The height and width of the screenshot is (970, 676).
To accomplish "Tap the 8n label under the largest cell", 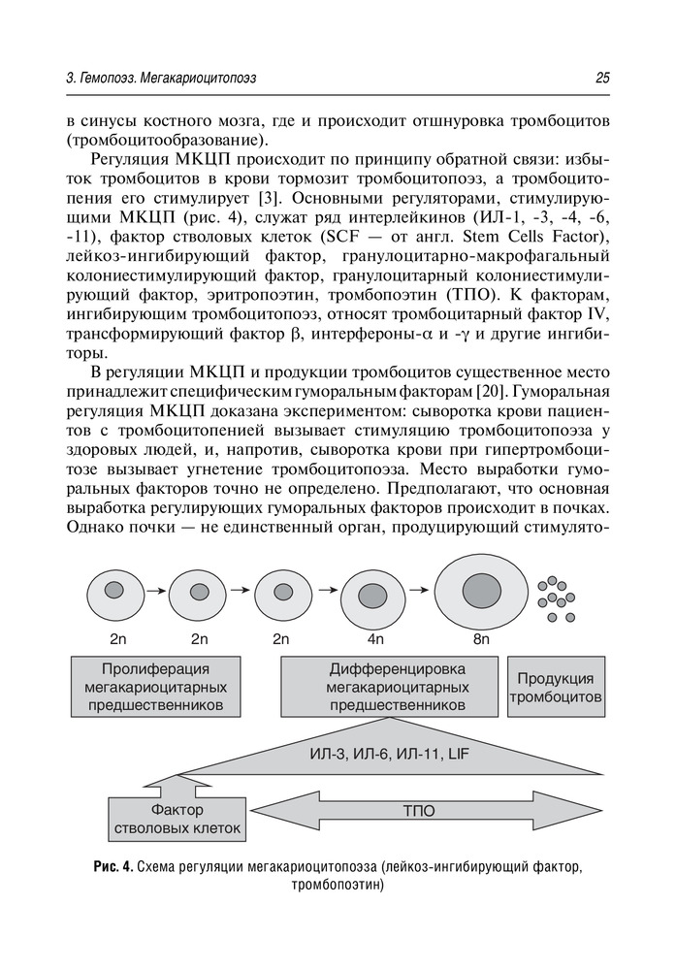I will point(481,640).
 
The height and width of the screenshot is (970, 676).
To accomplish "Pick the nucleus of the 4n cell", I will point(373,594).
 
